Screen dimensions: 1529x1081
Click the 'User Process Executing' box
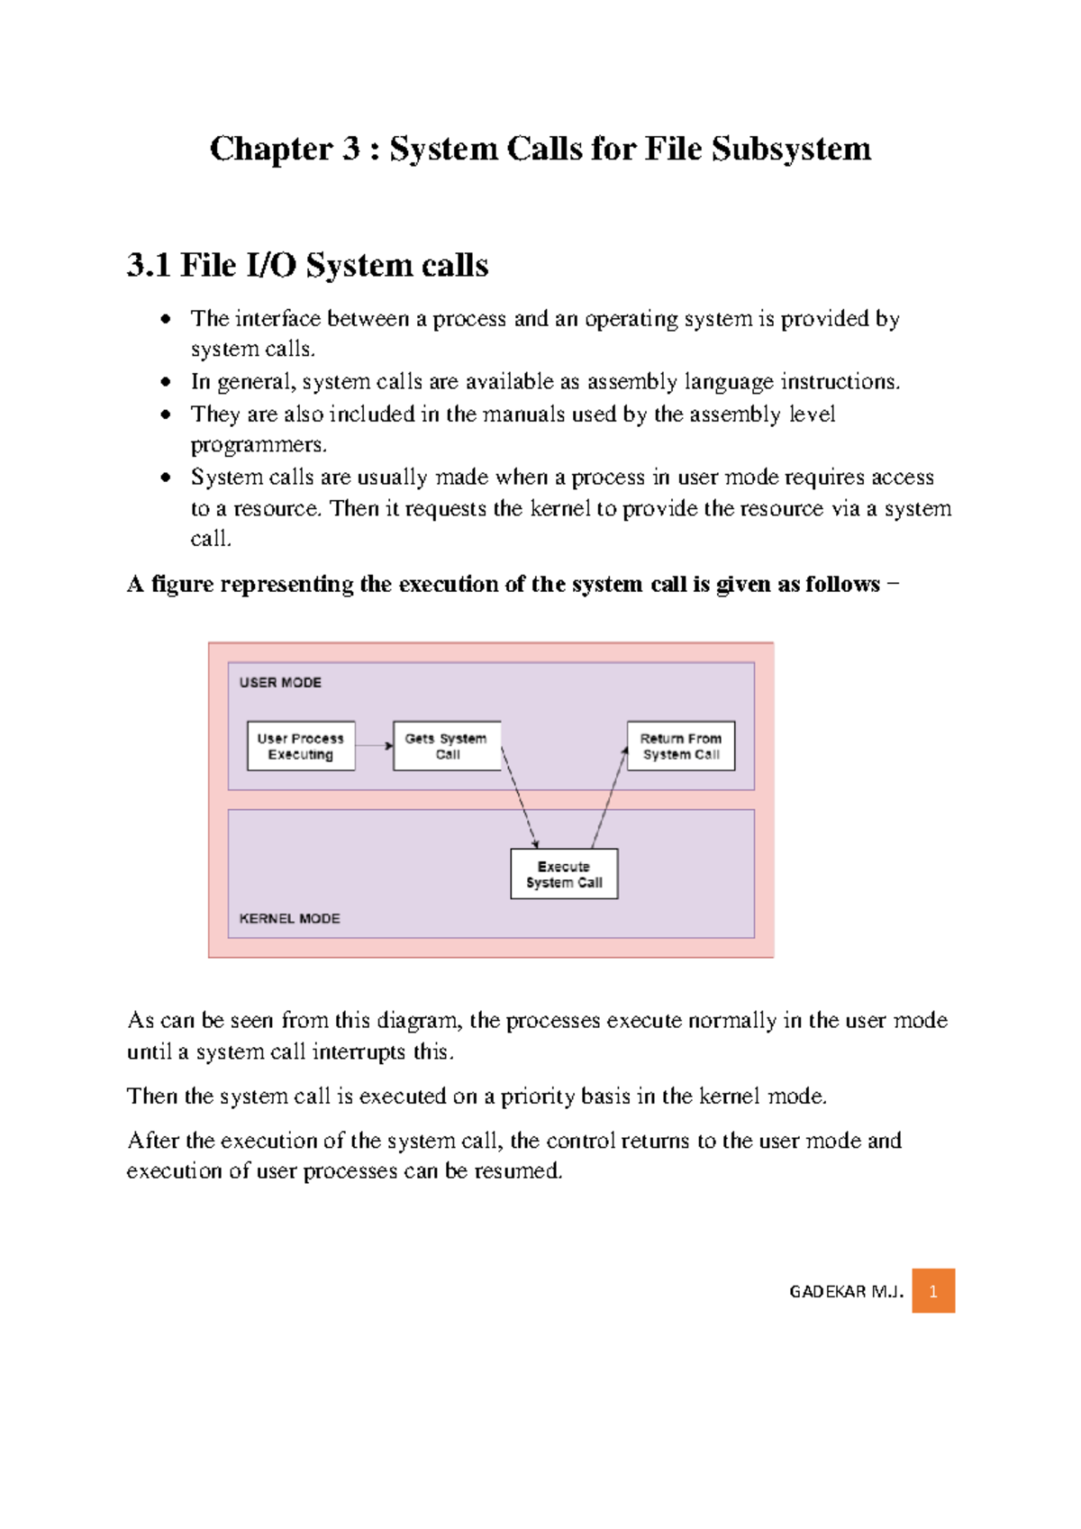301,746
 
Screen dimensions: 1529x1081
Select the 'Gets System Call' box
446,746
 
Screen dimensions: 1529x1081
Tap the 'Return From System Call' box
681,746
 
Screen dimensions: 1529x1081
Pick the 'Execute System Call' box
564,874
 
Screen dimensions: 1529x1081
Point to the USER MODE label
280,683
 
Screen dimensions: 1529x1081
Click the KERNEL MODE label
289,918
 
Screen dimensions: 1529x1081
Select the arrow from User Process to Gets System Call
374,746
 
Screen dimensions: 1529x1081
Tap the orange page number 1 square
933,1291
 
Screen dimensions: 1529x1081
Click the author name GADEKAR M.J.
846,1292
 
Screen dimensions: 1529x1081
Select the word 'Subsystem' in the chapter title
791,149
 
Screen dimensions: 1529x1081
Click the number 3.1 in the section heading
149,266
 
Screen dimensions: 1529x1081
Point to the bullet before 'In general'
166,382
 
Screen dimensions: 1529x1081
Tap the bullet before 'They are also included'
166,414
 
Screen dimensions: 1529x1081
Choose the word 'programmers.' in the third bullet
259,445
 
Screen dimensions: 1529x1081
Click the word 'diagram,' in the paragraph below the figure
419,1021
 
